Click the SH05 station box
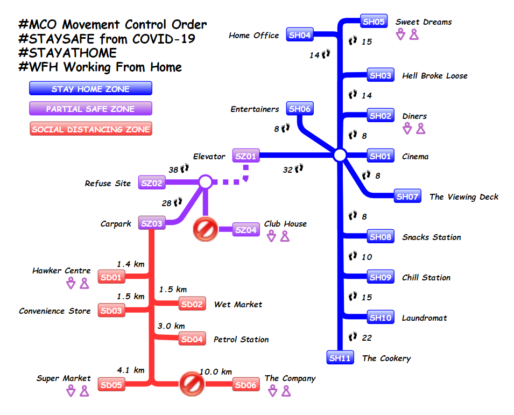coord(374,22)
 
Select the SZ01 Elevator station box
coord(245,156)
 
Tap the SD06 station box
coord(246,385)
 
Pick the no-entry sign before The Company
coord(189,383)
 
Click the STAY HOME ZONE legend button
coord(90,89)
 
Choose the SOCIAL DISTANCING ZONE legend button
coord(90,129)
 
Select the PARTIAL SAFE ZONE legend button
coord(90,109)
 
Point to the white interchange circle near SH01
coord(339,156)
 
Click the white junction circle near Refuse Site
coord(205,182)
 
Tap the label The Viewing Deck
coord(463,196)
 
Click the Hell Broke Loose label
coord(434,76)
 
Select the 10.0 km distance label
coord(216,371)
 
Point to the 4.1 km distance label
coord(131,370)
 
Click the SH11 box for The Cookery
coord(340,358)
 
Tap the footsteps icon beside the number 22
coord(353,337)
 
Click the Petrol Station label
coord(241,339)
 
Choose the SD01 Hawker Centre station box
coord(111,278)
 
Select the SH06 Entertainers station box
coord(299,109)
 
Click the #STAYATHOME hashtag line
coord(67,53)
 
